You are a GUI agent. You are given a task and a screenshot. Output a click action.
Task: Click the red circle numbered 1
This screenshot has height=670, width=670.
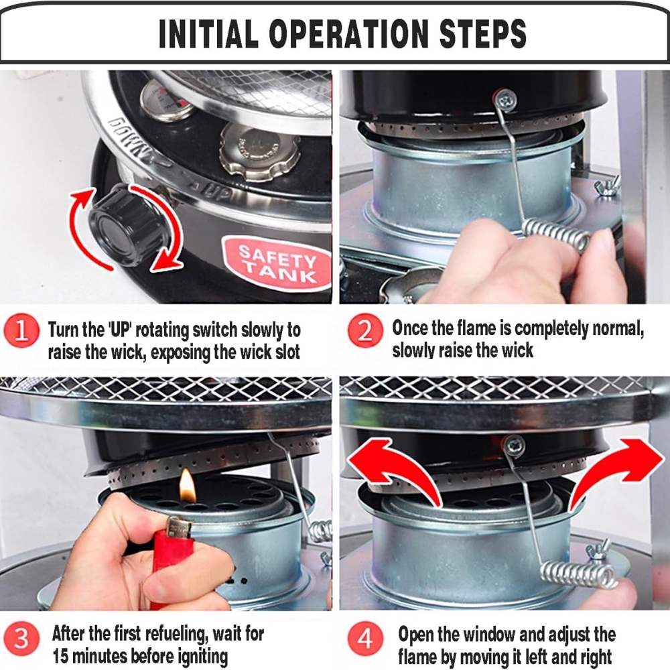coord(21,331)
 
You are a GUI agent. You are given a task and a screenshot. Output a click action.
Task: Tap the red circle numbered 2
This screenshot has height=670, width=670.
coord(364,330)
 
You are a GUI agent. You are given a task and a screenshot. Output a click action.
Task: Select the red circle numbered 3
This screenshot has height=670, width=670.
coord(21,639)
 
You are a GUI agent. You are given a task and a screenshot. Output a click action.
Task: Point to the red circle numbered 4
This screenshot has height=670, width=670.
coord(364,639)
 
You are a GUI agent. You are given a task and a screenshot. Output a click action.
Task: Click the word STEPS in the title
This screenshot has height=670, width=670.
coord(483,33)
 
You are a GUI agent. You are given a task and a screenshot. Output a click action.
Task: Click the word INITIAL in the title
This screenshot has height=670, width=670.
coord(208,33)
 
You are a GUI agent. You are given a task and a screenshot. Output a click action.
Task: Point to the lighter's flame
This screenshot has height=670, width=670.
coord(188,485)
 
